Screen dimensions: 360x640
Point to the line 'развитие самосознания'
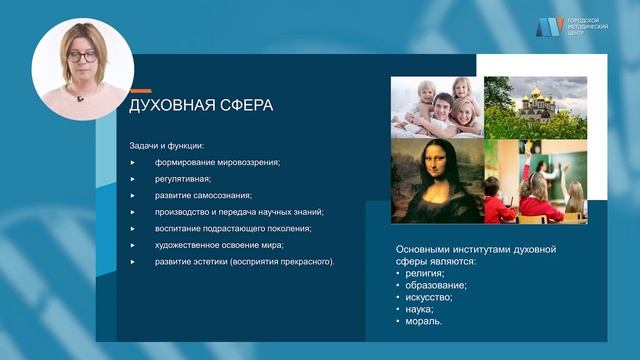coord(203,195)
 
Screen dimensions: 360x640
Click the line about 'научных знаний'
coord(239,212)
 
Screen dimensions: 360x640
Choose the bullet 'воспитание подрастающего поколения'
coord(233,228)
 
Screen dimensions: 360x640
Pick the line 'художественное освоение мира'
coord(219,245)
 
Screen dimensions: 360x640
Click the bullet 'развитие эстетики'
coord(244,262)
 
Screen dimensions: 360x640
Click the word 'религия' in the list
coord(424,272)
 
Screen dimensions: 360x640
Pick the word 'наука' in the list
coord(420,309)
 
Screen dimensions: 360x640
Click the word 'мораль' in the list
coord(423,321)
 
